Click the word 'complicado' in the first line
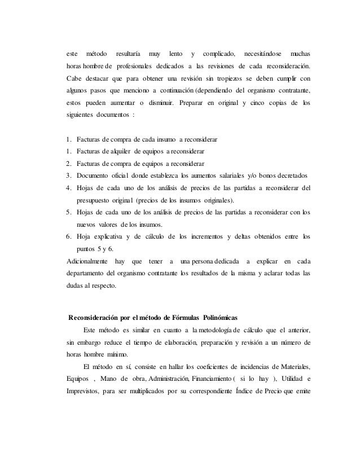pyautogui.click(x=219, y=54)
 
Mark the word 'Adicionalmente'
pyautogui.click(x=87, y=261)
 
